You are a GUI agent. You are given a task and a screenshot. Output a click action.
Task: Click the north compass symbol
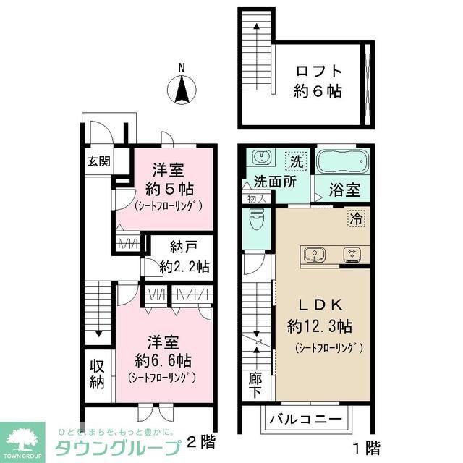coord(182,90)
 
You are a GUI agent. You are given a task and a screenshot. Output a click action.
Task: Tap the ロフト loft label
coord(318,72)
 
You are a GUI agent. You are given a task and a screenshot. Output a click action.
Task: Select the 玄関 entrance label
coord(99,161)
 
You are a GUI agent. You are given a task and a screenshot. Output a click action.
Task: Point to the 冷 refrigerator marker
coord(356,216)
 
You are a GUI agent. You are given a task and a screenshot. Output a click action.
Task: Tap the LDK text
coord(319,304)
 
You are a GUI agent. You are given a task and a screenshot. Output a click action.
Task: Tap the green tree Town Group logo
coord(22,438)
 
